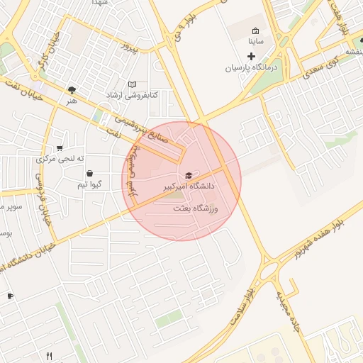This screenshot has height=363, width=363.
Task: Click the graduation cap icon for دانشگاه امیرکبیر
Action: [188, 175]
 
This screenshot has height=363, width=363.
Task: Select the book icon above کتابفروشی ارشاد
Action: [132, 84]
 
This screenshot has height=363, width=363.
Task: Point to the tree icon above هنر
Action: [71, 90]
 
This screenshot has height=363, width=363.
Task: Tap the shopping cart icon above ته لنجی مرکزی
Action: [60, 147]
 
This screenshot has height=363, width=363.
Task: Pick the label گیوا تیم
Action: [93, 184]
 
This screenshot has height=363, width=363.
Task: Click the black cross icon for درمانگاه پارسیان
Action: [251, 56]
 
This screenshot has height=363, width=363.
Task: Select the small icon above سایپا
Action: [255, 31]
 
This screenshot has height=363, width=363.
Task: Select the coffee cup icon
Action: [10, 296]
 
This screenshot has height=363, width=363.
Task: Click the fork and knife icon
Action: [49, 356]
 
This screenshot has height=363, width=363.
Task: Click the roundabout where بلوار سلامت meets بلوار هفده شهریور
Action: [272, 269]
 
